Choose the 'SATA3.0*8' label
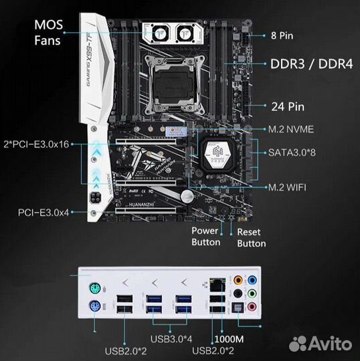[x=301, y=152]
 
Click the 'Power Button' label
[x=206, y=237]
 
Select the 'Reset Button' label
[x=251, y=237]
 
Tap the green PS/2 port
[x=96, y=287]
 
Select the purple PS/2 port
[x=96, y=308]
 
